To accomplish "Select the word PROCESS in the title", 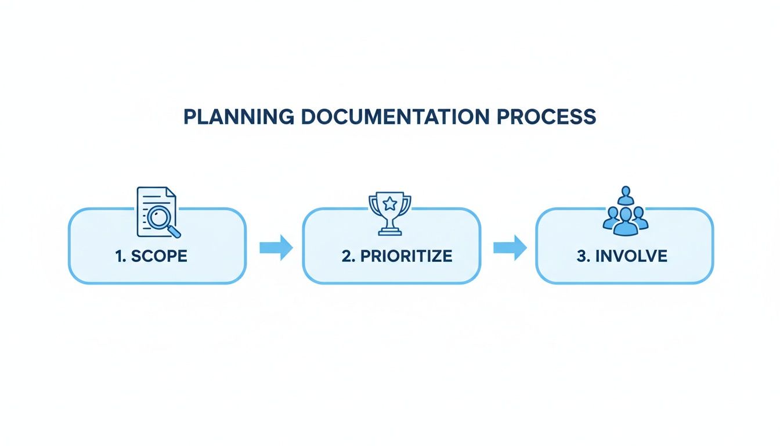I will (547, 117).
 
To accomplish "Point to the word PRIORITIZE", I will (406, 256).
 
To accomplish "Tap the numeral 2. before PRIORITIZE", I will (348, 256).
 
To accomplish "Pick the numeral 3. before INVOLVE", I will (583, 256).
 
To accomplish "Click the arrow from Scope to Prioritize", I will (276, 247).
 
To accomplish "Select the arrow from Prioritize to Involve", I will (510, 247).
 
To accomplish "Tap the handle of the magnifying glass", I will (174, 232).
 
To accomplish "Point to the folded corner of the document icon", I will (171, 192).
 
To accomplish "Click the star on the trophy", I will (390, 203).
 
